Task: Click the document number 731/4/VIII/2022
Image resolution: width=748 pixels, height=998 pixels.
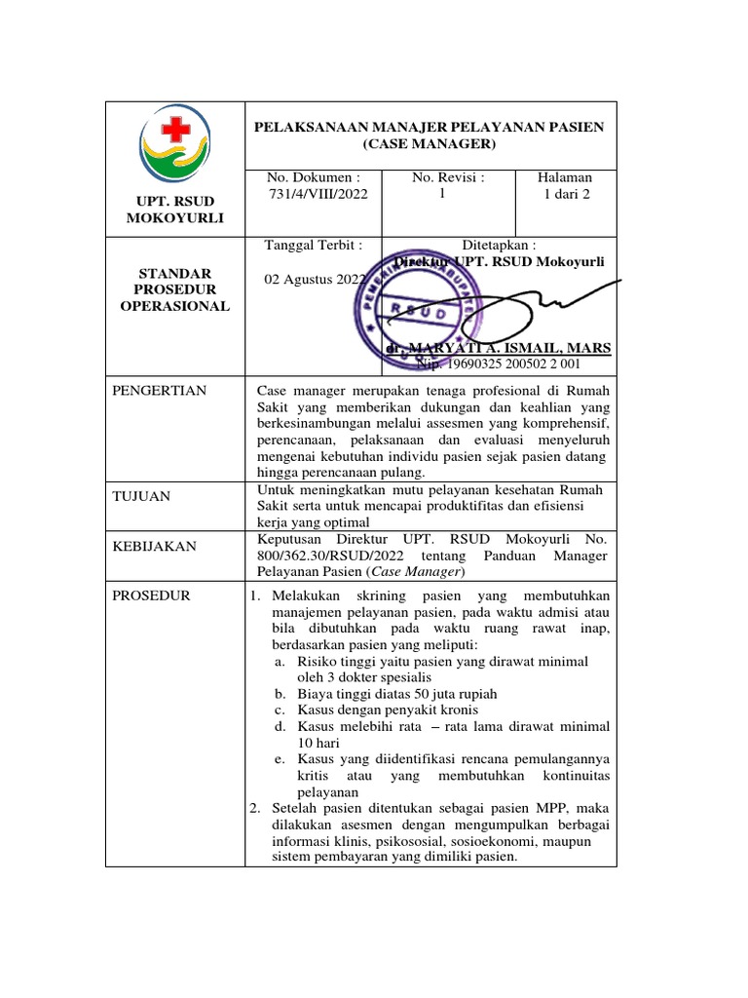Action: click(318, 194)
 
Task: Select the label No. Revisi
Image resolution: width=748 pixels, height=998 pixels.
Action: click(448, 177)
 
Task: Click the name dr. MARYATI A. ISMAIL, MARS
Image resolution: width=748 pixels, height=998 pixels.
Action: click(498, 348)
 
